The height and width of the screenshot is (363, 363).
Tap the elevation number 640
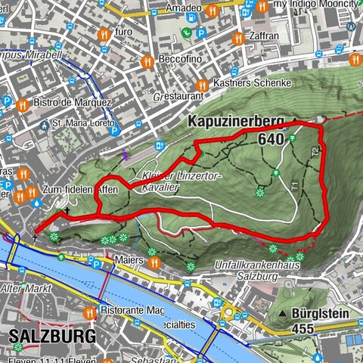(271, 139)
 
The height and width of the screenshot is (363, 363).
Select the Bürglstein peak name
(321, 312)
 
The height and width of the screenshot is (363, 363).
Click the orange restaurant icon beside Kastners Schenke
(201, 84)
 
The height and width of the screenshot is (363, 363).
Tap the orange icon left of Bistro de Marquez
(22, 104)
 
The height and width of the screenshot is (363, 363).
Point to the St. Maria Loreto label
(83, 123)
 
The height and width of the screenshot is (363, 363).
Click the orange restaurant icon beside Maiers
(154, 262)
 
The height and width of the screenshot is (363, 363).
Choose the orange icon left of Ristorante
(89, 311)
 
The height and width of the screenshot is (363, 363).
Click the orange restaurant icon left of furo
(102, 33)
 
